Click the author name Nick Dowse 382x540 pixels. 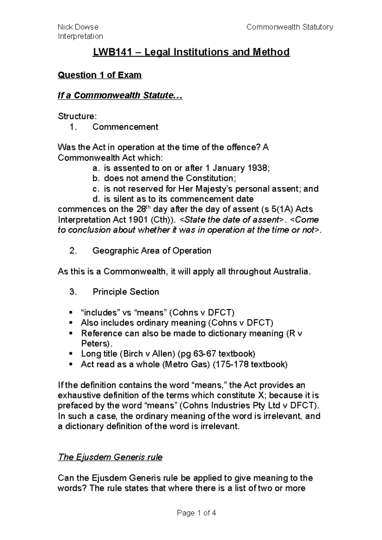(78, 27)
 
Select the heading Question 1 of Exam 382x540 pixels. (100, 75)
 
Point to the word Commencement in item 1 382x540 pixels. (125, 127)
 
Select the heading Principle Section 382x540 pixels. (126, 292)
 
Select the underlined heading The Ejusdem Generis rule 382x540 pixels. (110, 457)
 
